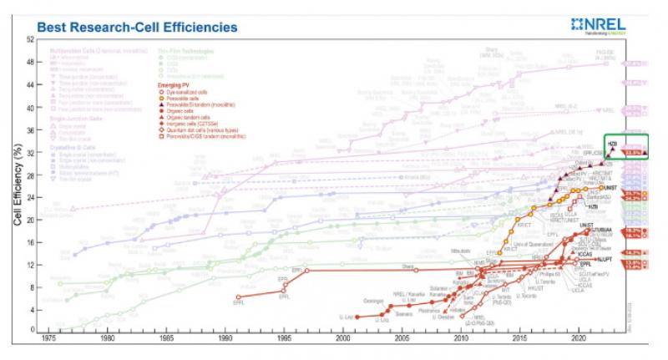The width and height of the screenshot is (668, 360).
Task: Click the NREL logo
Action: point(616,25)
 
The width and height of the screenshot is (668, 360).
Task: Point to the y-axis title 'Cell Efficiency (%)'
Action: point(18,185)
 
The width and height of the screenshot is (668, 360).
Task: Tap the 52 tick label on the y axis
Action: point(30,40)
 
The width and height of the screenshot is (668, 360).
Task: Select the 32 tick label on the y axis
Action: point(30,153)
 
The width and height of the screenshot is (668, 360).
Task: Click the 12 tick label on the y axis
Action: point(30,266)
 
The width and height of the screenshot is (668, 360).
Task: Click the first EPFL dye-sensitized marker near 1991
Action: point(238,297)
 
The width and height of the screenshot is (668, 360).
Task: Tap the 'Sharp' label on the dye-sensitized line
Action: point(408,266)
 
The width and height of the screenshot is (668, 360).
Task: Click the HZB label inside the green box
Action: point(612,144)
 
